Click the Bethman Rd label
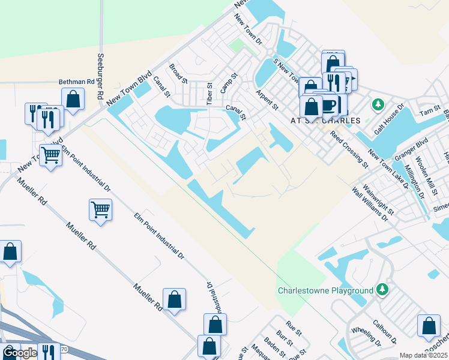coord(77,82)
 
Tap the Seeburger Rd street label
coord(100,77)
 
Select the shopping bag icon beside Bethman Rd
coord(73,100)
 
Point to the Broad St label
coord(179,74)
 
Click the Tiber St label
coord(209,94)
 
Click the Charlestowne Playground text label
coord(325,291)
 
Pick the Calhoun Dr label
coord(384,331)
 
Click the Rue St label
coord(294,327)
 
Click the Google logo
coord(20,353)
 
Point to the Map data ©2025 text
coord(423,355)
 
